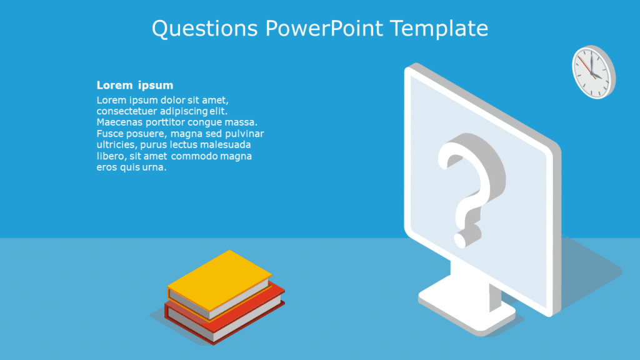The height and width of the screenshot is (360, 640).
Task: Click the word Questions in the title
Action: (x=204, y=29)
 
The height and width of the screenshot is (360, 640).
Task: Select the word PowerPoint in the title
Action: (x=323, y=29)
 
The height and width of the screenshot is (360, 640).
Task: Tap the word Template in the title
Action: (x=439, y=29)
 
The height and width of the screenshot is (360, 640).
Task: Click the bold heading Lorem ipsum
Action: (x=134, y=85)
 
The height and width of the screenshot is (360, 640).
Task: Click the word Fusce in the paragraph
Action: (x=111, y=134)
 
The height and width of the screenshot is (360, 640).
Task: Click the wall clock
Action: (x=593, y=71)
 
